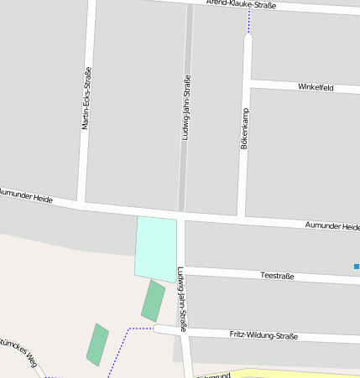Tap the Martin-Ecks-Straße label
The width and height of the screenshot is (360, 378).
pyautogui.click(x=86, y=98)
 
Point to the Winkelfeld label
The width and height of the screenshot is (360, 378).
pyautogui.click(x=316, y=86)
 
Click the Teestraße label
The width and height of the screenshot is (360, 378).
pyautogui.click(x=277, y=275)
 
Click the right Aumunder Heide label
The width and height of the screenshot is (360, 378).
pyautogui.click(x=332, y=226)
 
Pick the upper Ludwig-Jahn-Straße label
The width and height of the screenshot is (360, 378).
pyautogui.click(x=186, y=118)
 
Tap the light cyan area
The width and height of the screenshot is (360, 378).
pyautogui.click(x=156, y=247)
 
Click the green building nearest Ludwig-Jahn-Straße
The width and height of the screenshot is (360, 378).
pyautogui.click(x=153, y=301)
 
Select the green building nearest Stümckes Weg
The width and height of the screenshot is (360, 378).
pyautogui.click(x=97, y=344)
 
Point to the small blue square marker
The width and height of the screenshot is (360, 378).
pyautogui.click(x=356, y=267)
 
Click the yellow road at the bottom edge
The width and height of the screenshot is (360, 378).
pyautogui.click(x=277, y=373)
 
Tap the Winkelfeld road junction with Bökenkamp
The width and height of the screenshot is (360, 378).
pyautogui.click(x=249, y=83)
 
